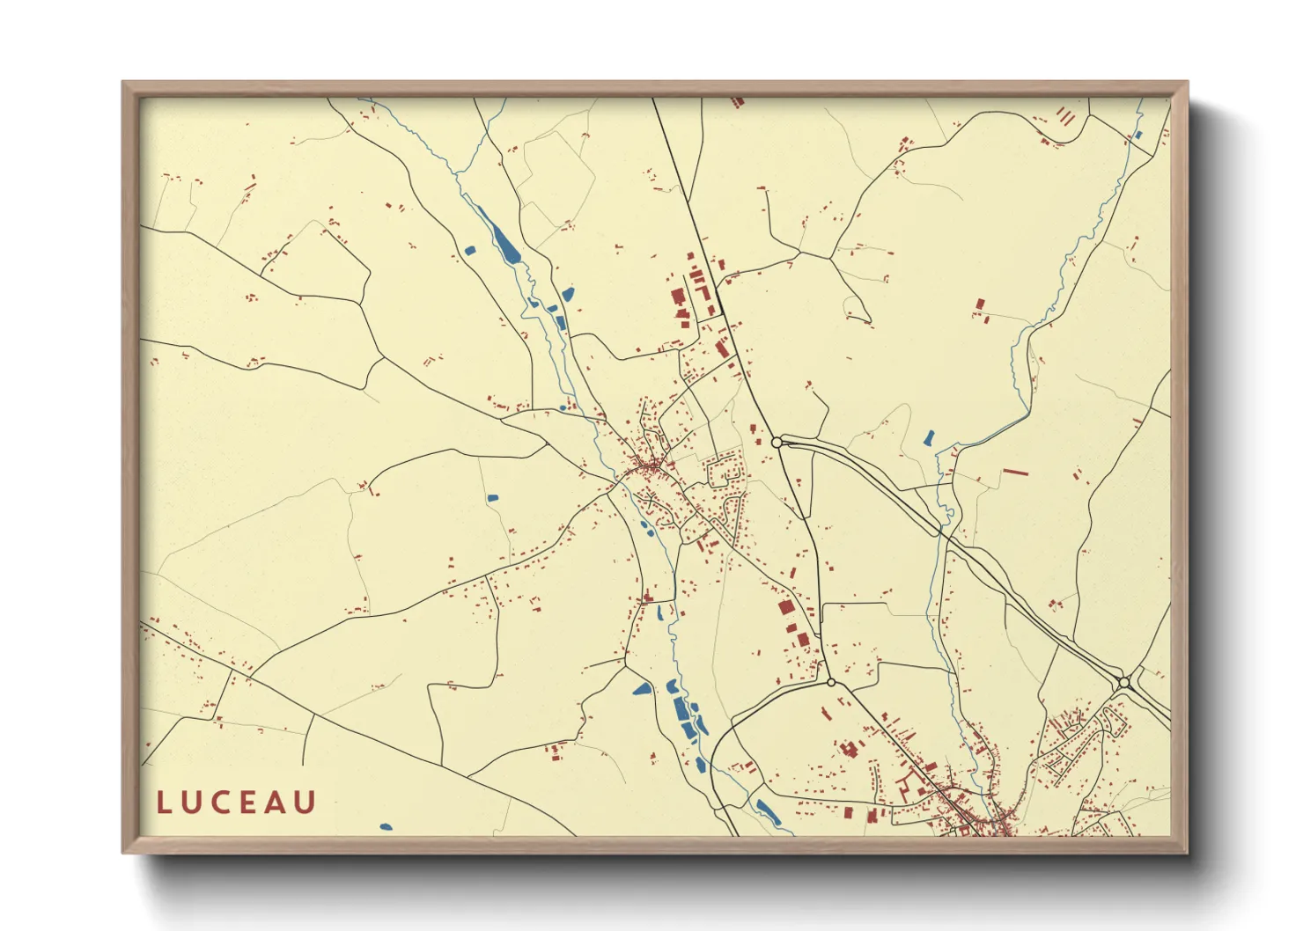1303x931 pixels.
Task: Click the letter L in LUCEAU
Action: [164, 803]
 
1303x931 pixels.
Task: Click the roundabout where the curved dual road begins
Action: [777, 442]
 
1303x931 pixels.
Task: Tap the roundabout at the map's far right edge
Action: [1123, 682]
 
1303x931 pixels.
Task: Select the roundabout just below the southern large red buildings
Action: [831, 682]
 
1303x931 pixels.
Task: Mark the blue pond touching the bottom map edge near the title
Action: [385, 827]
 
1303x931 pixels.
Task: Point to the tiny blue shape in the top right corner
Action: [1138, 136]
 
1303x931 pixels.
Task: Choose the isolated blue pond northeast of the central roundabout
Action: [928, 437]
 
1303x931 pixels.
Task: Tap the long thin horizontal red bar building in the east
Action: [1016, 473]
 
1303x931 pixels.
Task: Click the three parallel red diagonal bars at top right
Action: [1065, 115]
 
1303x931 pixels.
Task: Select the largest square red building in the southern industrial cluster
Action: [785, 606]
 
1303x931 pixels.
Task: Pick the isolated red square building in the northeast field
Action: [980, 304]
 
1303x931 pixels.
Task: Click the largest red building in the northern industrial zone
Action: [678, 297]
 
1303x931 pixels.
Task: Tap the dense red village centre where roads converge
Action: [651, 465]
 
